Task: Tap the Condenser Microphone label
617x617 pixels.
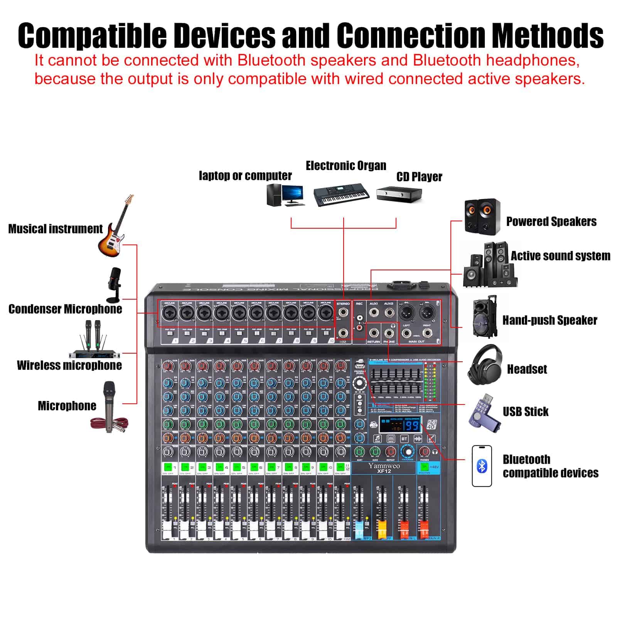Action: click(65, 309)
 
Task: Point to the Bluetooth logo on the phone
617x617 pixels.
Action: click(482, 466)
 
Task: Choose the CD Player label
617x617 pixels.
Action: click(419, 177)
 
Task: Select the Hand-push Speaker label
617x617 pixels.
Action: click(550, 320)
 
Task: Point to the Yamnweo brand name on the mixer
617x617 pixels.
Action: click(384, 465)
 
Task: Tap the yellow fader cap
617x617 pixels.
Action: click(382, 526)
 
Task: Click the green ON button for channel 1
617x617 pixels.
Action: click(168, 467)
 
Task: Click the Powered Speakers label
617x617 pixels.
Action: click(551, 221)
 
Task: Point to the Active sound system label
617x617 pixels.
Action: click(560, 256)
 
